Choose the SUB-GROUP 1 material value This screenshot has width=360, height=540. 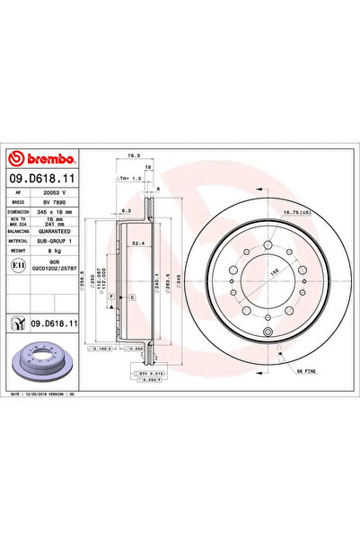[56, 241]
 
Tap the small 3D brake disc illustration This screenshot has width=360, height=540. [41, 359]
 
